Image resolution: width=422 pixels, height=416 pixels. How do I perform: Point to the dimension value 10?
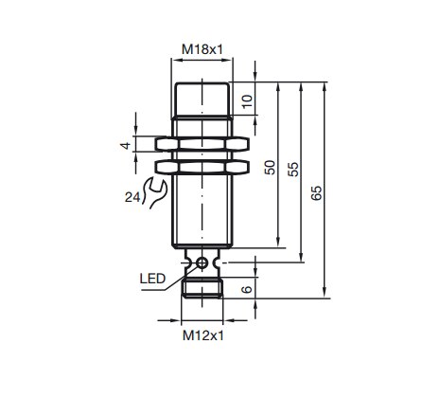pos(248,99)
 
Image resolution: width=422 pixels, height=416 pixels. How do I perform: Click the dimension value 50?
pos(269,168)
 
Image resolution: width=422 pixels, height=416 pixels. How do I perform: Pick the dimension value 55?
pos(292,169)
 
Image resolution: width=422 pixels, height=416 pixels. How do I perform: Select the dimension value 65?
pos(317,192)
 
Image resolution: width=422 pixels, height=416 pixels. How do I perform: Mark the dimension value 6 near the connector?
pos(248,289)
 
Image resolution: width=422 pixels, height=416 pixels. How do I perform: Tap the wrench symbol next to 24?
pos(150,192)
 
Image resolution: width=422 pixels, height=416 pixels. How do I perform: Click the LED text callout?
pos(153,279)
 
